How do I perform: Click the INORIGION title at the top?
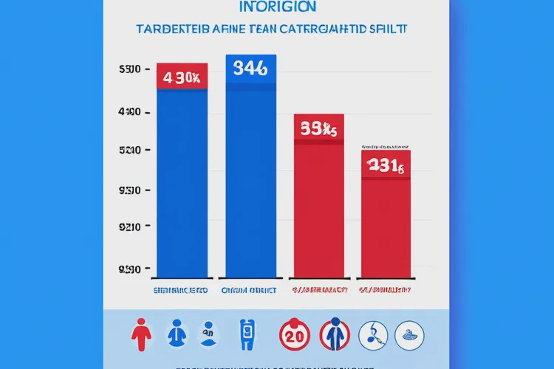tap(278, 7)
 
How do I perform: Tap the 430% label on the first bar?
tap(182, 77)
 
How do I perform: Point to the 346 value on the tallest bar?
tap(251, 69)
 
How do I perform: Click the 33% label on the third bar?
tap(318, 129)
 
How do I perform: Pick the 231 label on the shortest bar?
tap(386, 167)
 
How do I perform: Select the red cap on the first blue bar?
tap(182, 76)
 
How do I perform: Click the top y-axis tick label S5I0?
tap(129, 69)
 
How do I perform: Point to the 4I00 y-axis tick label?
tap(129, 113)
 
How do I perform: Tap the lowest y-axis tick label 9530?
tap(129, 269)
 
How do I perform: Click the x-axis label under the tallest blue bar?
tap(251, 290)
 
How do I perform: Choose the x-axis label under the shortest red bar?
tap(386, 290)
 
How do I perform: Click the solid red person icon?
tap(140, 334)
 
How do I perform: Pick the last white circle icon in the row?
tap(409, 334)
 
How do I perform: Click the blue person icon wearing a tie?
tap(176, 334)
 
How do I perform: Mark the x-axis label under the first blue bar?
tap(182, 290)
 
